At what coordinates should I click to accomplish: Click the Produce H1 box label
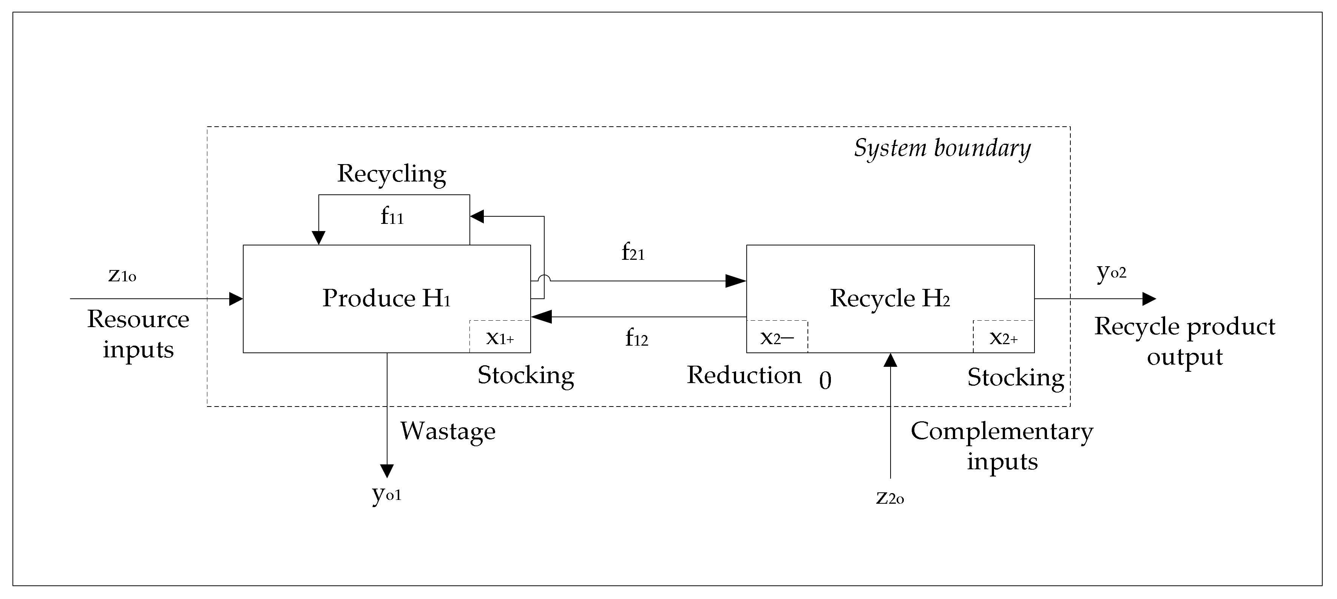386,298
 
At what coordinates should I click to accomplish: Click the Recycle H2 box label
889,298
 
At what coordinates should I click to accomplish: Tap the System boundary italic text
942,149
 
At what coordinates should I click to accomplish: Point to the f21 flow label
633,253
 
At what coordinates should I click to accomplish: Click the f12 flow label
636,338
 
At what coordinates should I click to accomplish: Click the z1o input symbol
122,275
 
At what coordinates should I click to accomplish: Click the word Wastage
448,431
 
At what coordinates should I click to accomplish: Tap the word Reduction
744,375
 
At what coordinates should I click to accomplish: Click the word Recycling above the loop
391,174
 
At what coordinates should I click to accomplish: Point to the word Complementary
1002,431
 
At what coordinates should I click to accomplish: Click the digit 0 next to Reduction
825,381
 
